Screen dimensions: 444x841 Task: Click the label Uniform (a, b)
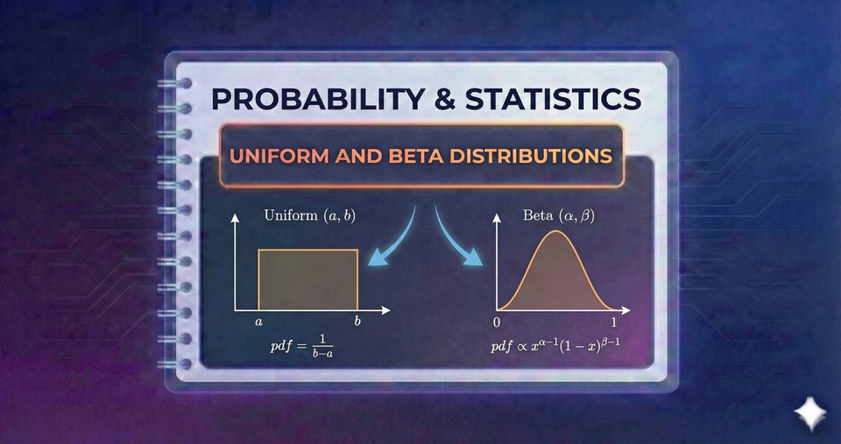point(304,214)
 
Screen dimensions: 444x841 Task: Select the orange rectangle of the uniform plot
point(307,279)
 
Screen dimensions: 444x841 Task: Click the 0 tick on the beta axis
point(497,322)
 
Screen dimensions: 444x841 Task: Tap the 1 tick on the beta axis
point(625,322)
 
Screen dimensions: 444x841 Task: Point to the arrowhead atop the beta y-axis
point(497,219)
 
